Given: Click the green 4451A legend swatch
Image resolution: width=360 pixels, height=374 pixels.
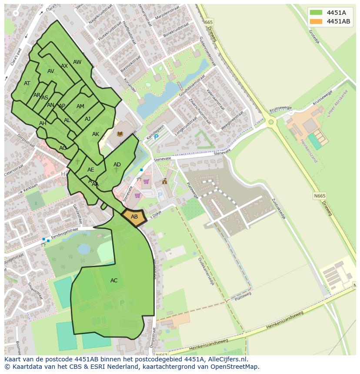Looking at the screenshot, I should click(317, 13).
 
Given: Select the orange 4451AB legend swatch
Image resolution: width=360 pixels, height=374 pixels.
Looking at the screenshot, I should click(317, 21).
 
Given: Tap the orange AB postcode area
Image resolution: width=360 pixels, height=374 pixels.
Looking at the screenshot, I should click(134, 216).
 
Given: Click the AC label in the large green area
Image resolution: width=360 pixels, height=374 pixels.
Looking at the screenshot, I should click(114, 281).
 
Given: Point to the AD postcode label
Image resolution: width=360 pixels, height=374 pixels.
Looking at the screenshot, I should click(117, 165).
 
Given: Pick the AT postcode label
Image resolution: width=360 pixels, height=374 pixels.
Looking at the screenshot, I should click(27, 83).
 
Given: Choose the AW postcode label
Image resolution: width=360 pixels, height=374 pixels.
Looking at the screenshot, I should click(77, 62).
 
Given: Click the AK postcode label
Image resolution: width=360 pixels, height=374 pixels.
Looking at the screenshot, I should click(96, 134).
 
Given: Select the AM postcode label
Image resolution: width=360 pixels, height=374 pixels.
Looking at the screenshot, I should click(80, 106).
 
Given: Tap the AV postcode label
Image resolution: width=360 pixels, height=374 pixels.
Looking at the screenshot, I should click(51, 71).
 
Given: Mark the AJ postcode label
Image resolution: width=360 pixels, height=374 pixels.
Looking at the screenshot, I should click(87, 119).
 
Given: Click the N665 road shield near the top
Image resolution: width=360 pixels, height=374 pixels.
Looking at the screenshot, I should click(209, 22).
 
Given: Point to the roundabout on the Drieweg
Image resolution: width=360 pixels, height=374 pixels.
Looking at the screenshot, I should click(271, 122).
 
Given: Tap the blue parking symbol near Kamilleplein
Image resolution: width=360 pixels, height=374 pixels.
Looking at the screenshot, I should click(156, 137).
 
